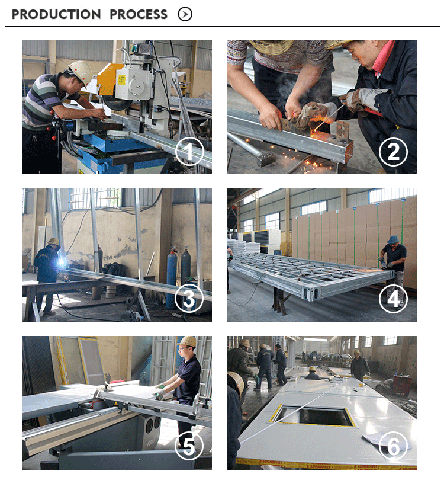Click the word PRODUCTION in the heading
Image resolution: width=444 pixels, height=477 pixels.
(x=56, y=14)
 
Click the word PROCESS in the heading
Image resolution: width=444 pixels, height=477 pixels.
(x=139, y=14)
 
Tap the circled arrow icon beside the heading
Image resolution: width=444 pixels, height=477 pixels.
(x=185, y=14)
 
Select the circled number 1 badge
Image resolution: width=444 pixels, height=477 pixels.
(x=189, y=152)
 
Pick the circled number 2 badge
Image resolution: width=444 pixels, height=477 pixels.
(x=393, y=152)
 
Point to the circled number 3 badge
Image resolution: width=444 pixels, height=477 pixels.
(x=189, y=298)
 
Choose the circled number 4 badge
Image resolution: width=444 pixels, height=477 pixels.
(x=393, y=299)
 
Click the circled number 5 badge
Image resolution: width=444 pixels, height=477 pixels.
(x=189, y=446)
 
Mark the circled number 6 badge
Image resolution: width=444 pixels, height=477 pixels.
(x=393, y=446)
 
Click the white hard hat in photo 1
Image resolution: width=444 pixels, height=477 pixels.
(x=81, y=72)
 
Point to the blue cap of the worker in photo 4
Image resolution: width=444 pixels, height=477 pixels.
(x=393, y=239)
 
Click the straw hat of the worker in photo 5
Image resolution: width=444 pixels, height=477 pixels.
(x=187, y=341)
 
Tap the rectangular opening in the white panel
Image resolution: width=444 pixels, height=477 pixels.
(x=313, y=415)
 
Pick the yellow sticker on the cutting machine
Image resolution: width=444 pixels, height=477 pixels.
(x=122, y=81)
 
